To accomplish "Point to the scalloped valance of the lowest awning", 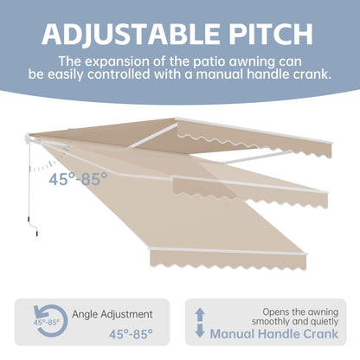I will click(x=228, y=258).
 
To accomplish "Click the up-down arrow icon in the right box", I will click(x=201, y=321).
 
